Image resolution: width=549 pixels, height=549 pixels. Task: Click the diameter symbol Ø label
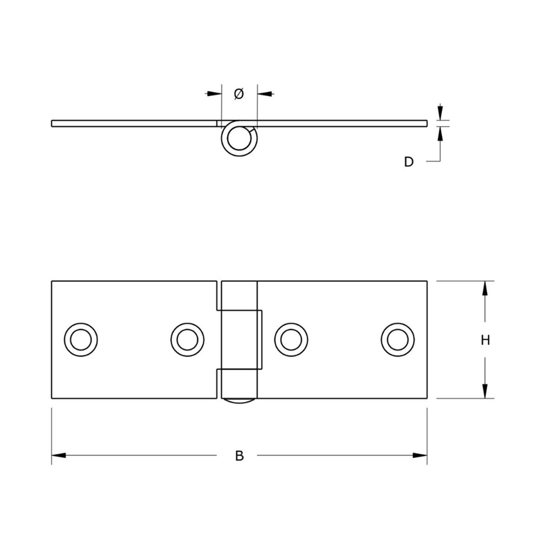(x=239, y=94)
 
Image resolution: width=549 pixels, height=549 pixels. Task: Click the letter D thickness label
(x=409, y=161)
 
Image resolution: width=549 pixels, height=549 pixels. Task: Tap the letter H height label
(x=485, y=340)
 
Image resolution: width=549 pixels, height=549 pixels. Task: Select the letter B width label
(x=239, y=456)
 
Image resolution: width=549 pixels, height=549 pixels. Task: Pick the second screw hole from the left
(x=187, y=339)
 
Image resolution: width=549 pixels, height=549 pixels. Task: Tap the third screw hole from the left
(x=291, y=339)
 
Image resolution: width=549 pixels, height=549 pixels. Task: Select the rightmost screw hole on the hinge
(x=398, y=339)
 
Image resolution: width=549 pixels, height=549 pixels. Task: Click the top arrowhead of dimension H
(x=485, y=288)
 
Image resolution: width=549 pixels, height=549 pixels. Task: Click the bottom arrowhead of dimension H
(x=485, y=391)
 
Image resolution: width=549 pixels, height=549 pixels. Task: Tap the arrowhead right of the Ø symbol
(x=265, y=94)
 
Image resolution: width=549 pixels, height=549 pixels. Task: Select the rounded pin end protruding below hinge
(x=239, y=401)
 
